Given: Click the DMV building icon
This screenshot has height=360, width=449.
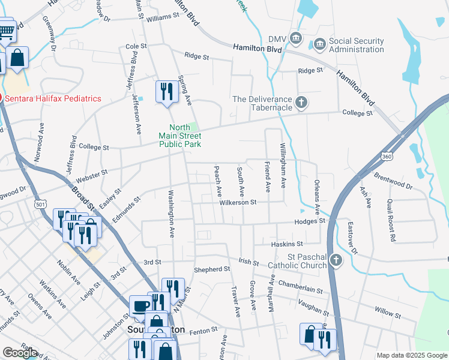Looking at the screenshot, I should point(295,38).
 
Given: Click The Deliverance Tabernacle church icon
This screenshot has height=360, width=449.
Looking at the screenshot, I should point(301,103).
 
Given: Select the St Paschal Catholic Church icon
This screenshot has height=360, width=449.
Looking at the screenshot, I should point(336,260).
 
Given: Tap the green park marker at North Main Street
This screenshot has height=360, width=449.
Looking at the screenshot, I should point(193,127).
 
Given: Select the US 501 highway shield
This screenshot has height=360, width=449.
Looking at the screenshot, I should point(40,205).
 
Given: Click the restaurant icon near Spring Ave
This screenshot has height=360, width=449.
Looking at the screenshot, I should point(166,91).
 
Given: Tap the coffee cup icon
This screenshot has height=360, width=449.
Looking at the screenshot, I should point(141,306).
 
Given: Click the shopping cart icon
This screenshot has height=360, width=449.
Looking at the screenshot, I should point(6,31).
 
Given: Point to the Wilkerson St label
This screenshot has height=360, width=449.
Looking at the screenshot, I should point(237,203).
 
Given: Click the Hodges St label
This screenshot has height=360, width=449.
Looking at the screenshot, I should point(309,221).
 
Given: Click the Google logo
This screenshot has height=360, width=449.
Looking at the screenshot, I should point(20,353).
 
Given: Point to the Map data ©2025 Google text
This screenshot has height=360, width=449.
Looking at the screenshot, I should point(412,355).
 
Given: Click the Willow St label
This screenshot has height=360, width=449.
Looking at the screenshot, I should point(387,313).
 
